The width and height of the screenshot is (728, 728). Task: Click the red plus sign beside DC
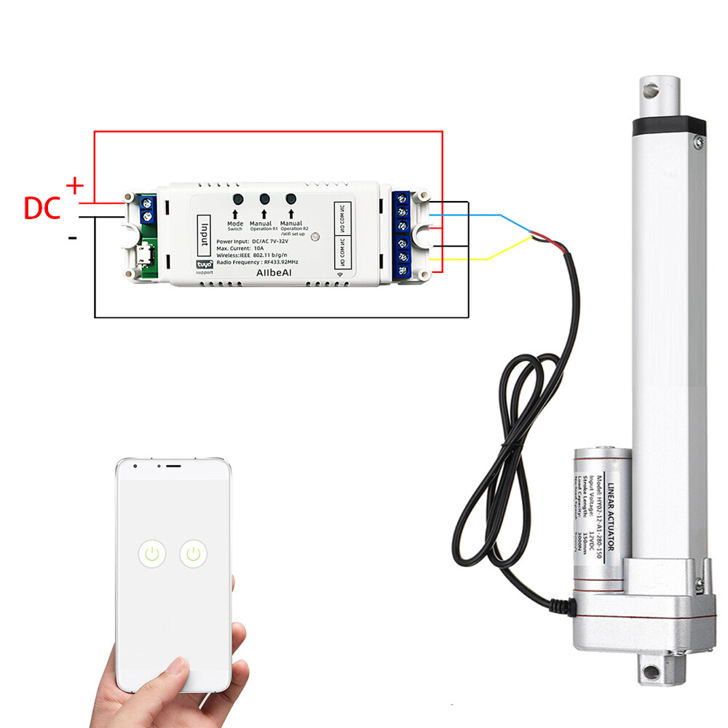[x=75, y=186]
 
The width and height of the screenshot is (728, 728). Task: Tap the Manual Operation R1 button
[x=264, y=199]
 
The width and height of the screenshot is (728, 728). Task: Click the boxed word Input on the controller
[x=205, y=234]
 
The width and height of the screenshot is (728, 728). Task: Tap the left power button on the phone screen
[x=151, y=555]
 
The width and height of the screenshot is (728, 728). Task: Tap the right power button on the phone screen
[x=194, y=555]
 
